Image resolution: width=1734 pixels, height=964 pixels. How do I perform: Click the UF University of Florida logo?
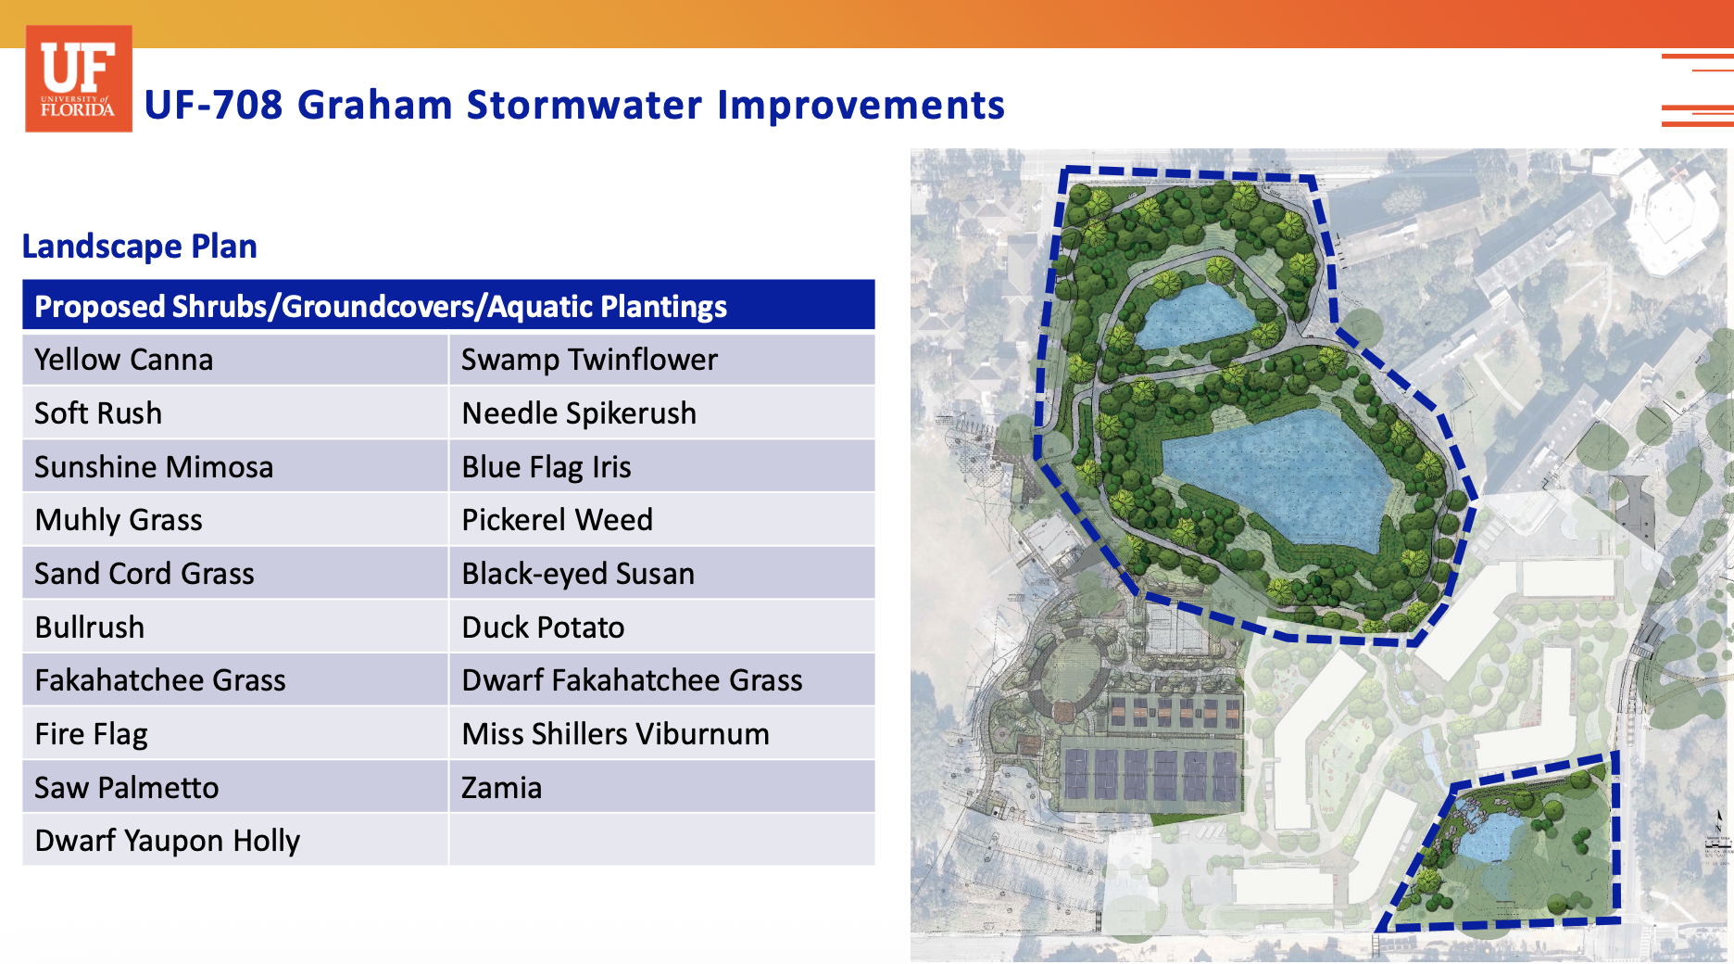(79, 79)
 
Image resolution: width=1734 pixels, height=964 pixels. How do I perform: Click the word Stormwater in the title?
(584, 105)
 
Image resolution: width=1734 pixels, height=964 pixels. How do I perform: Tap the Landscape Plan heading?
(140, 247)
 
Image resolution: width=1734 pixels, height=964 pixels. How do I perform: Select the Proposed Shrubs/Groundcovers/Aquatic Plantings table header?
(448, 305)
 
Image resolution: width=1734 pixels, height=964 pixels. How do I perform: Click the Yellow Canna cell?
(235, 360)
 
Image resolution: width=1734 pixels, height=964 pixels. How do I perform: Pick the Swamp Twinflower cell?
(662, 360)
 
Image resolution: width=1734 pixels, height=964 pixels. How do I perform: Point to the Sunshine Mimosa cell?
(235, 466)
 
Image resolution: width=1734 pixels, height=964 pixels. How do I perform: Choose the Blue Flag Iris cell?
(662, 466)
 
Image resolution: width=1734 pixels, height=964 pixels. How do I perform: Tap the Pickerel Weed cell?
(662, 520)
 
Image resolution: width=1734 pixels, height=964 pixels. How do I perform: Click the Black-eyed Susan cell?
(662, 574)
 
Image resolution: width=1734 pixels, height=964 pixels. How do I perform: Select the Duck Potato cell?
(662, 628)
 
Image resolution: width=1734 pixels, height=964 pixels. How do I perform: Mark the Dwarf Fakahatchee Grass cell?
(662, 680)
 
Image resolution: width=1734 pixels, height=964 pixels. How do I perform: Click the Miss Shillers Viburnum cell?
(662, 734)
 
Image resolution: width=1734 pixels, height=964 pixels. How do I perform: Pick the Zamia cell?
(662, 788)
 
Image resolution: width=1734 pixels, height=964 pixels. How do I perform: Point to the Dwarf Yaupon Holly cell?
(235, 841)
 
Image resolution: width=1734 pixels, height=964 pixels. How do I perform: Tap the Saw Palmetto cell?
(235, 788)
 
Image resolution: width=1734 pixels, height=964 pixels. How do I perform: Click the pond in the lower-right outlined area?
(1490, 834)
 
